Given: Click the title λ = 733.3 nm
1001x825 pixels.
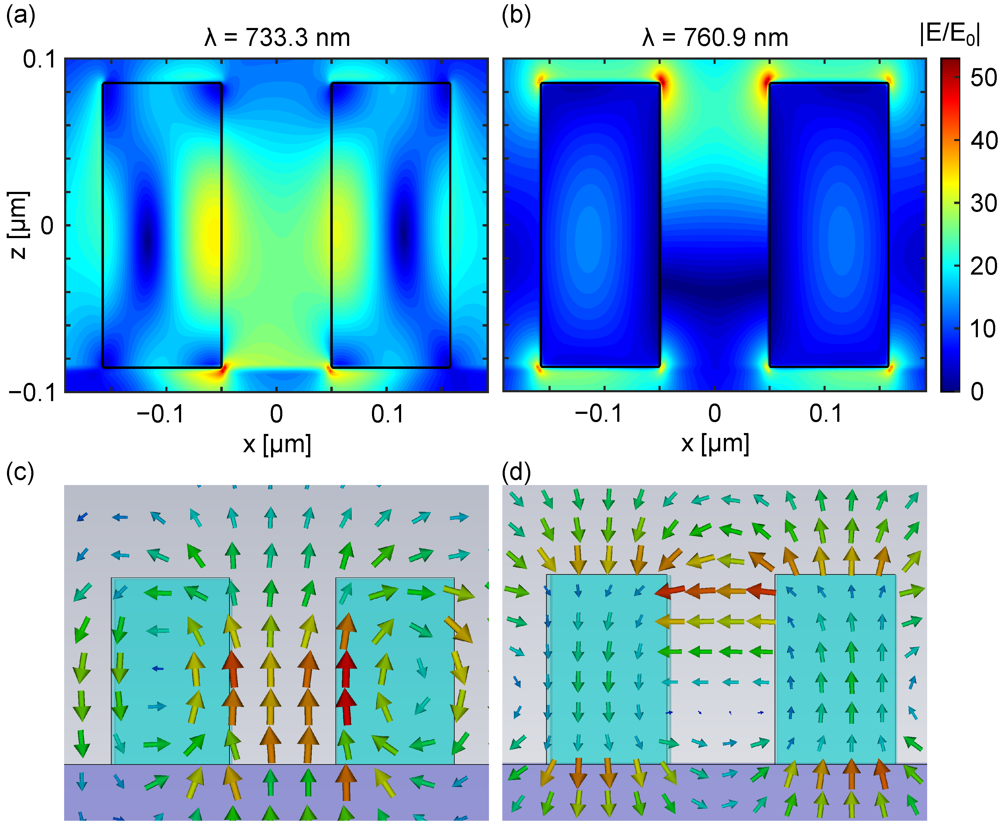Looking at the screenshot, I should (277, 37).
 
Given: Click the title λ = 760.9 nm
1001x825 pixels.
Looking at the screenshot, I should (715, 37).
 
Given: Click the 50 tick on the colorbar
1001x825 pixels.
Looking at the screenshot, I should (983, 78).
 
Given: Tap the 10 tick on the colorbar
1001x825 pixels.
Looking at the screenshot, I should (983, 328).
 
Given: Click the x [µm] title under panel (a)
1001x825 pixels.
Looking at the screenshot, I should (277, 444).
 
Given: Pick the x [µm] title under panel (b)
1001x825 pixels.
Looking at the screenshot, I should (715, 444).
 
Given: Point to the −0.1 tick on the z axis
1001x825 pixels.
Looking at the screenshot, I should (32, 393).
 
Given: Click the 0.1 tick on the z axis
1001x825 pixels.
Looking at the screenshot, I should (40, 59).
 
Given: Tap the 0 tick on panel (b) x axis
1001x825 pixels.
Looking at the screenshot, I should (715, 414).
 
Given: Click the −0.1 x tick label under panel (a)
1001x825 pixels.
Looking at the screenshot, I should (160, 414).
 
